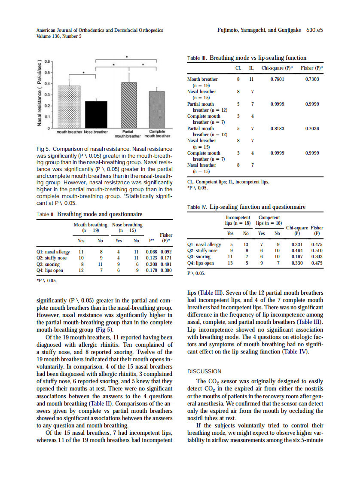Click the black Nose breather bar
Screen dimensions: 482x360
pos(96,114)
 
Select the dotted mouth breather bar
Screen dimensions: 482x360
pos(69,107)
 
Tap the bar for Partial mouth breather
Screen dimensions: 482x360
pos(129,105)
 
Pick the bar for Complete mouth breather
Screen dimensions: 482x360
pos(156,110)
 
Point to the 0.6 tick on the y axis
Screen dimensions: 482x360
pos(47,61)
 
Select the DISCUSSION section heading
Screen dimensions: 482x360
pos(204,372)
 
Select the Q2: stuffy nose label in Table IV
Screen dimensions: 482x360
pos(202,250)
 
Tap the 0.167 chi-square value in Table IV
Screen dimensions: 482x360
pos(297,257)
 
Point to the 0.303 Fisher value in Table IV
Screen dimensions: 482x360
pos(317,257)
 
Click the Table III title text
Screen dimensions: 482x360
pos(258,58)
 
